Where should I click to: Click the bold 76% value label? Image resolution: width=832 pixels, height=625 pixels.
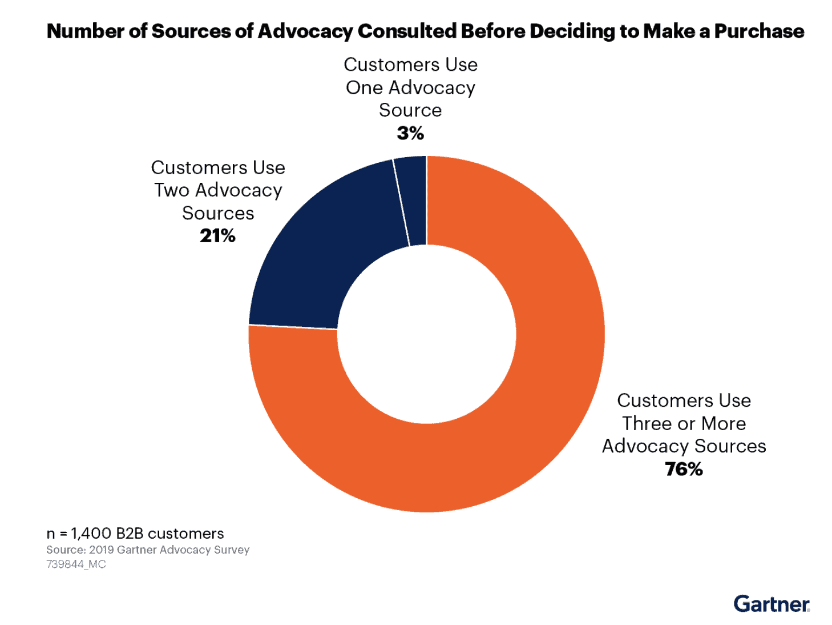point(684,469)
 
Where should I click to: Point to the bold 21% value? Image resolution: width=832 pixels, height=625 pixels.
point(217,236)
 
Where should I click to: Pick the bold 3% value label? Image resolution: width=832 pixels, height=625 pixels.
point(410,133)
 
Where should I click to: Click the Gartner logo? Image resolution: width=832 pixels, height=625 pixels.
point(772,604)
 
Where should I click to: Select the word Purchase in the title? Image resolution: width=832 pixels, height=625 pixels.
point(759,31)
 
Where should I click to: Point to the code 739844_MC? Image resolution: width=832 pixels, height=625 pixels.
point(76,564)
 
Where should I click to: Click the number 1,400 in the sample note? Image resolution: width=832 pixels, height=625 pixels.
point(91,534)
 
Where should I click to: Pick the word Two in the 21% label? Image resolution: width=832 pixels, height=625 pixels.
point(172,190)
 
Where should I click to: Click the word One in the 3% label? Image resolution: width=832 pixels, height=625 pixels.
point(364,88)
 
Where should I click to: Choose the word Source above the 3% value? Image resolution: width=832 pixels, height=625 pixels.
point(410,110)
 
